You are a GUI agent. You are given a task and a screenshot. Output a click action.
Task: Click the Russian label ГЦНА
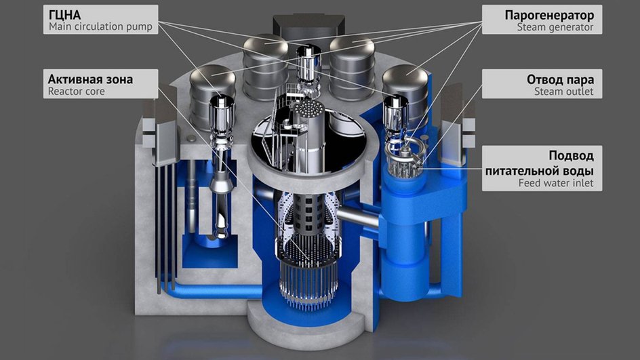(x=64, y=15)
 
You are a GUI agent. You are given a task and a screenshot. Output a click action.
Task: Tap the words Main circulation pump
(x=100, y=27)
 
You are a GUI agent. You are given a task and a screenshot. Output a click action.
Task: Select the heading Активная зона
(x=90, y=79)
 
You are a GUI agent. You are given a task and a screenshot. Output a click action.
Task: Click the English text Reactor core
(x=77, y=92)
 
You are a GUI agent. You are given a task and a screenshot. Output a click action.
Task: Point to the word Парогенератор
(x=549, y=16)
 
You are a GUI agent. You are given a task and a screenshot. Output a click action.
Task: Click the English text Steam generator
(x=555, y=27)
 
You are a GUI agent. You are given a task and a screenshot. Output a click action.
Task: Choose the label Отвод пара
(x=560, y=79)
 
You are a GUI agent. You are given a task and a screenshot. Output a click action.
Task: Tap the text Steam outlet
(x=563, y=92)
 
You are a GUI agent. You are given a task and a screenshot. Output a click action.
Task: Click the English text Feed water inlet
(x=556, y=183)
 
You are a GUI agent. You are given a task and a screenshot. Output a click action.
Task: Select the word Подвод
(x=571, y=156)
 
